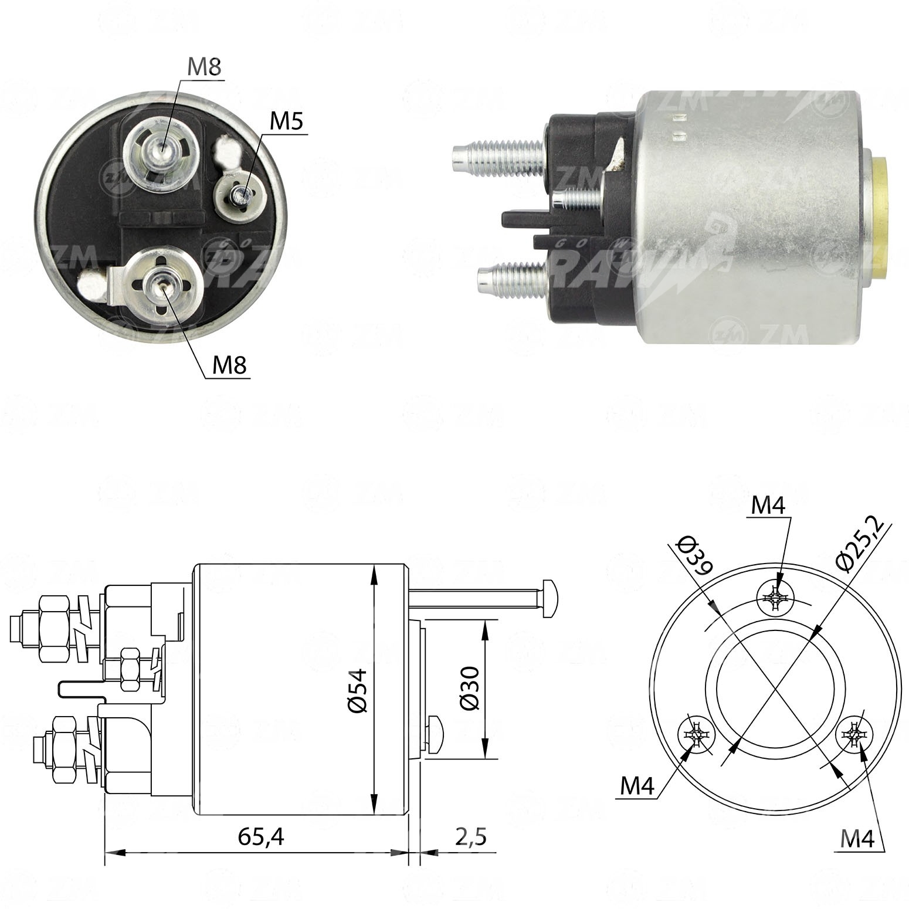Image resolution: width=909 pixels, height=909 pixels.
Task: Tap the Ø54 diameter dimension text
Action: pyautogui.click(x=357, y=690)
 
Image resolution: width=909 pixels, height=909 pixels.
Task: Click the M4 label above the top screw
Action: pyautogui.click(x=768, y=505)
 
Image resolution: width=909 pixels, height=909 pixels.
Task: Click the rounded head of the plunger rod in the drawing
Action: pyautogui.click(x=550, y=598)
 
